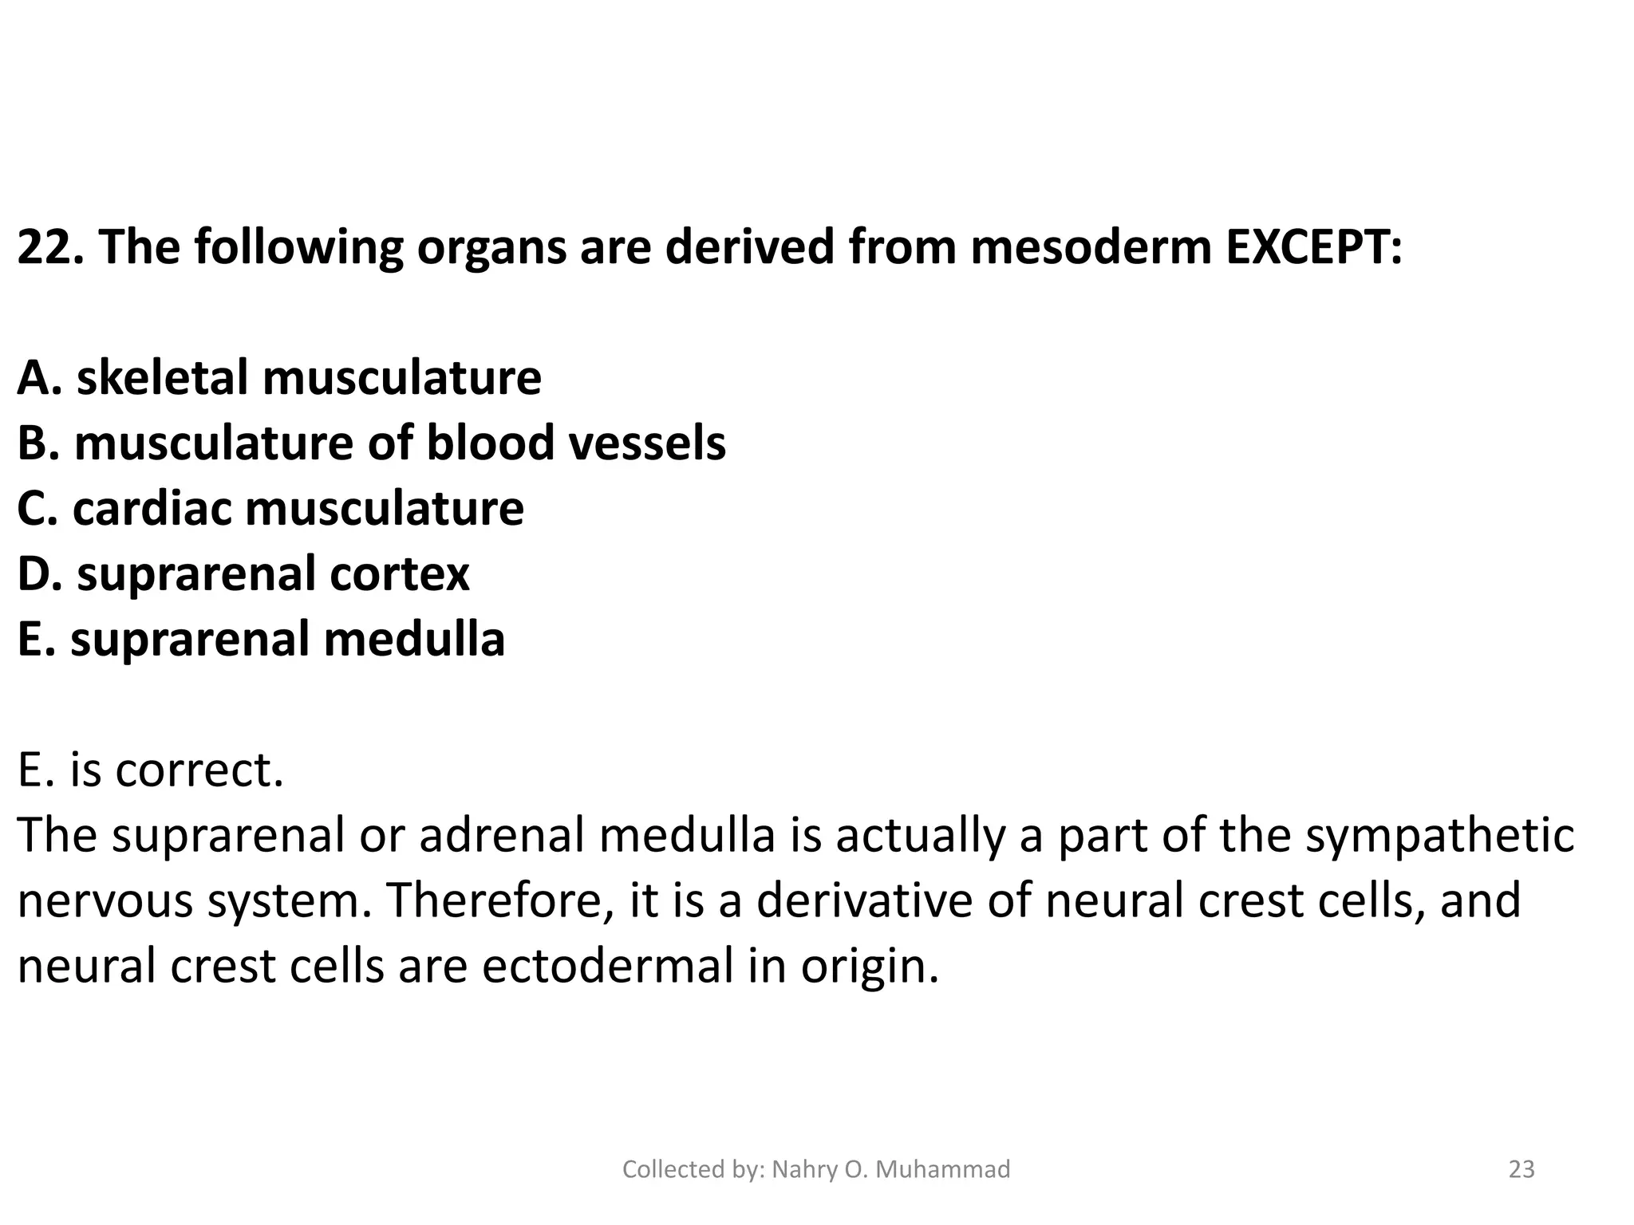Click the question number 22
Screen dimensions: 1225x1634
(x=49, y=247)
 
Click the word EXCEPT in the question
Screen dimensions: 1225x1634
(x=1312, y=247)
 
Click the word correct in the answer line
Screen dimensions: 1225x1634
(x=199, y=770)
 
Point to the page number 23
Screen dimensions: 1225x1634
(x=1522, y=1169)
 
